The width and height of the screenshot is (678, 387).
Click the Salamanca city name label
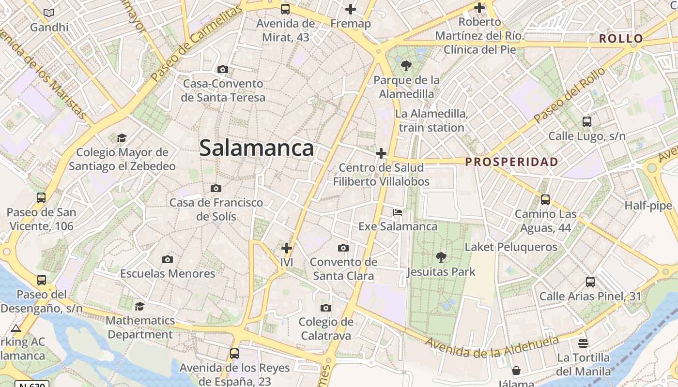[x=256, y=148]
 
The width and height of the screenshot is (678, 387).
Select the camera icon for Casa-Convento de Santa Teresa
[x=223, y=69]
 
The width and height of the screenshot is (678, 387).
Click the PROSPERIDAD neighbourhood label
[x=512, y=162]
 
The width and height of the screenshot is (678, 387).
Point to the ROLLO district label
[x=621, y=39]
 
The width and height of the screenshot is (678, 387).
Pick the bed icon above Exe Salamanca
[x=397, y=212]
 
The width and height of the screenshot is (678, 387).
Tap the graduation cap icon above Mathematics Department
[x=139, y=306]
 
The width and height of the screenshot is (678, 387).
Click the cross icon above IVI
[x=287, y=248]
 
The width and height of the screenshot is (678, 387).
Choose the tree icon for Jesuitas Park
[x=441, y=257]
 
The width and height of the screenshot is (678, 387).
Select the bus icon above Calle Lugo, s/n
[x=587, y=121]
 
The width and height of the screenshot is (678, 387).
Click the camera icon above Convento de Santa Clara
[x=343, y=248]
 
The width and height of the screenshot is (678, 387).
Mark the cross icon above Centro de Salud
[x=381, y=154]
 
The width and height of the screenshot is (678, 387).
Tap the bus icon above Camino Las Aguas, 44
[x=545, y=199]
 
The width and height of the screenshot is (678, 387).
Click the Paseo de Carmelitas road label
[x=196, y=45]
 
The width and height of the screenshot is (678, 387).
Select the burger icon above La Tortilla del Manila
[x=583, y=343]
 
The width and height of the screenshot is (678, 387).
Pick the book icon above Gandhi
[x=49, y=13]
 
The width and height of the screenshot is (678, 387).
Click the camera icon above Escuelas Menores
[x=168, y=259]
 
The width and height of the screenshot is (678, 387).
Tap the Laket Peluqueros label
[x=511, y=247]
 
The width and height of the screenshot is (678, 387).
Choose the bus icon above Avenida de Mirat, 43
[x=285, y=9]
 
